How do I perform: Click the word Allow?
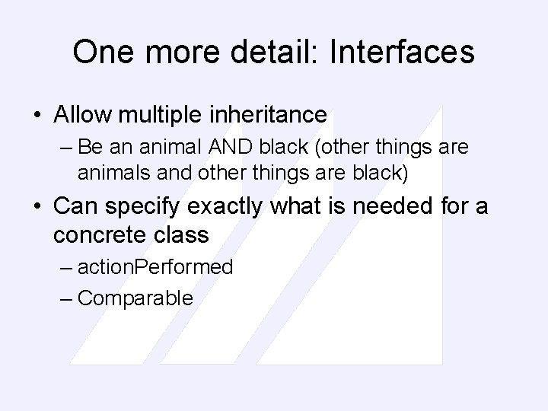click(82, 116)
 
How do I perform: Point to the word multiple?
click(158, 116)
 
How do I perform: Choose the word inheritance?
click(266, 116)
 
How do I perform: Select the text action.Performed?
click(155, 267)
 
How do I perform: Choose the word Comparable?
click(135, 298)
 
